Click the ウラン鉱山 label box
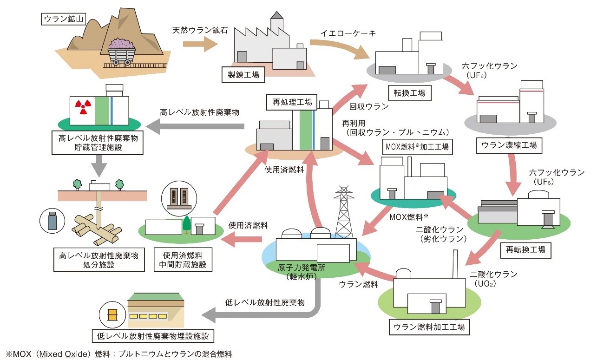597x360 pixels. point(64,19)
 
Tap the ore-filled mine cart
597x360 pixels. point(122,52)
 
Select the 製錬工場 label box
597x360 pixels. point(243,75)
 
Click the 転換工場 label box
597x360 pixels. point(410,93)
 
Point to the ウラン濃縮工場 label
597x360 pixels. point(509,145)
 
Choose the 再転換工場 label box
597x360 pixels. point(525,250)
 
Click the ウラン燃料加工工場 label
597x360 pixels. point(429,327)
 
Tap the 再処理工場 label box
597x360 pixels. point(292,102)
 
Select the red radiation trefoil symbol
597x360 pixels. point(83,106)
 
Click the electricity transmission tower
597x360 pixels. point(344,212)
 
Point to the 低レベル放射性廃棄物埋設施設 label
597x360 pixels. point(153,336)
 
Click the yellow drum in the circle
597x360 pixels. point(112,314)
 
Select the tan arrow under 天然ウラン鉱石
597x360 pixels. point(200,44)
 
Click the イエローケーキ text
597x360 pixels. point(348,33)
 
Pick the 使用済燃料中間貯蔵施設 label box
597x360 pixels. point(183,260)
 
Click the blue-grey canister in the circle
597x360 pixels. point(52,221)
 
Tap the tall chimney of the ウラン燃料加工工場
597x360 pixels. point(455,264)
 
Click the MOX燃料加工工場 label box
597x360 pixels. point(417,147)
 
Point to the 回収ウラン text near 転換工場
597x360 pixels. point(369,106)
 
